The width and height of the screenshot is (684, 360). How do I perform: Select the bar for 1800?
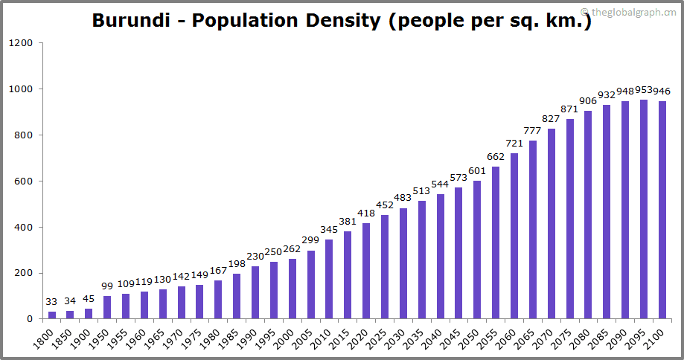pos(52,315)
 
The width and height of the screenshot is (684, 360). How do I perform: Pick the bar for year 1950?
pos(107,308)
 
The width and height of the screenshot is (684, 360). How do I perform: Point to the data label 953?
pos(644,90)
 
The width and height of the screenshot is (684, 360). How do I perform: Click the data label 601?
pos(477,171)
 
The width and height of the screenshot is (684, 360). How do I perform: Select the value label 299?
pos(310,240)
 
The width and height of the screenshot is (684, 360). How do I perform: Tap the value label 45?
pos(89,299)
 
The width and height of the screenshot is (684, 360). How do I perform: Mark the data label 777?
pos(532,131)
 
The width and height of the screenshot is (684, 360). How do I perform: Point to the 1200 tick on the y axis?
pos(21,43)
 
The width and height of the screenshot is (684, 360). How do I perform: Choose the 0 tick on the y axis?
pos(30,319)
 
